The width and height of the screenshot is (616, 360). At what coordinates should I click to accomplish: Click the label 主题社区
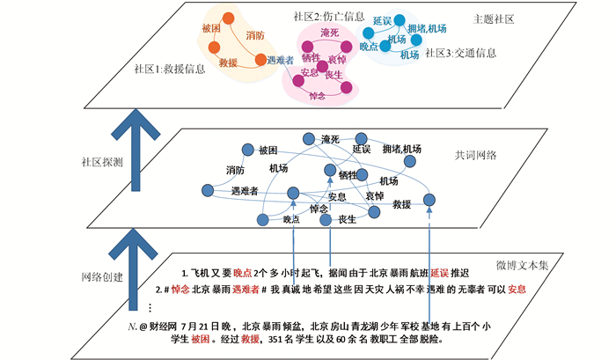click(x=493, y=18)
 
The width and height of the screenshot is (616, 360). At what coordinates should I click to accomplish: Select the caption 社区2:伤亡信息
click(x=327, y=16)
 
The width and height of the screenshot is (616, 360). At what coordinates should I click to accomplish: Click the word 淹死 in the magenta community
click(x=330, y=33)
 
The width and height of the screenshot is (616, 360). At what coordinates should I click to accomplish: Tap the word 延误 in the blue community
click(x=381, y=20)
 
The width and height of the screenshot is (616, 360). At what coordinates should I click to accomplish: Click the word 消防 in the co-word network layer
click(x=234, y=170)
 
